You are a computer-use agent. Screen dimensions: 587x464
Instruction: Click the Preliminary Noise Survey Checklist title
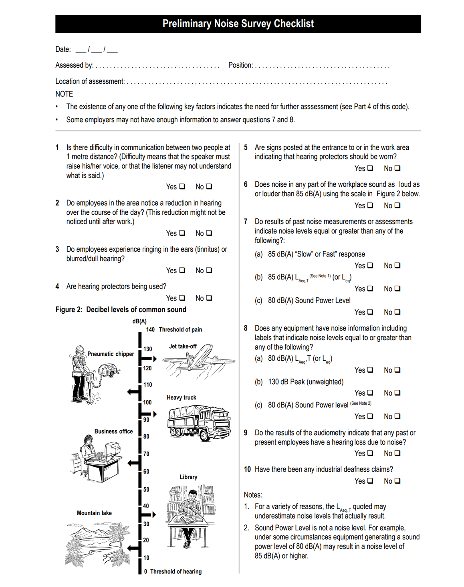[x=238, y=24]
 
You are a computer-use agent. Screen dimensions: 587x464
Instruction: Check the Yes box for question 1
[x=182, y=186]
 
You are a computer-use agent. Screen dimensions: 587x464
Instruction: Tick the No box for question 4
[x=209, y=298]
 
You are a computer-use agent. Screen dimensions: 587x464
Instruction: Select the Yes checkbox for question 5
[x=370, y=168]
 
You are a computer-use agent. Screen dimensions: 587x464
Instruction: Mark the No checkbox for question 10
[x=397, y=481]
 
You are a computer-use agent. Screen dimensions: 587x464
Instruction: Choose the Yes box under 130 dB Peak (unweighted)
[x=370, y=393]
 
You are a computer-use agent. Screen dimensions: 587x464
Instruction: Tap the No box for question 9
[x=397, y=453]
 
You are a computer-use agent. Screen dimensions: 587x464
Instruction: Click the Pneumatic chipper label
[x=111, y=354]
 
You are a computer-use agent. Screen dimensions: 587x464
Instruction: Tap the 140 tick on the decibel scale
[x=150, y=330]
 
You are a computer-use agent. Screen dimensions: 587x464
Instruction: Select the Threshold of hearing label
[x=176, y=572]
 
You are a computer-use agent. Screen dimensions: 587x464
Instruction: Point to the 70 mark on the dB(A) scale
[x=146, y=454]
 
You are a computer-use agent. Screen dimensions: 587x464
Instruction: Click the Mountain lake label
[x=94, y=513]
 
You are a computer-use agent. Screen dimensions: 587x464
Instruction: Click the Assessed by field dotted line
[x=157, y=67]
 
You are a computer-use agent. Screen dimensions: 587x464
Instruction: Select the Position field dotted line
[x=322, y=67]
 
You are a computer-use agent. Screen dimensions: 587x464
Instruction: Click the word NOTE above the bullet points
[x=64, y=94]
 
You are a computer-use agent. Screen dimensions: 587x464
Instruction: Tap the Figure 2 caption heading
[x=121, y=310]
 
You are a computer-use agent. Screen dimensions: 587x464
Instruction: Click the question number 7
[x=246, y=222]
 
